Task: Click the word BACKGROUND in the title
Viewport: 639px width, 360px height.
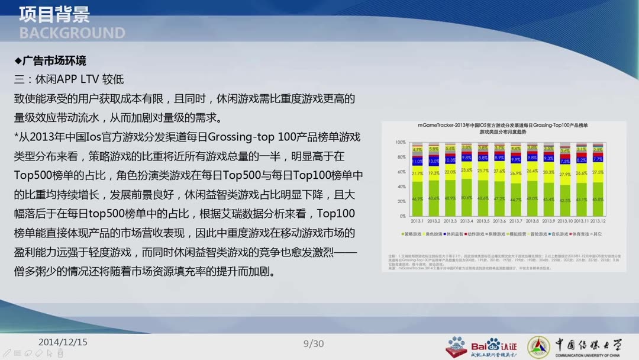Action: pos(72,33)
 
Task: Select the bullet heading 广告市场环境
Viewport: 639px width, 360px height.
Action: pos(54,61)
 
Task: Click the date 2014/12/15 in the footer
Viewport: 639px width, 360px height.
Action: pos(63,342)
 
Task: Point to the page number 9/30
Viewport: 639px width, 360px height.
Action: pos(314,343)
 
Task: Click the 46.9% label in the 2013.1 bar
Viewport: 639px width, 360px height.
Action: pos(417,199)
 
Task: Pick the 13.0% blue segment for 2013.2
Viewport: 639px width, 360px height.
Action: pos(434,160)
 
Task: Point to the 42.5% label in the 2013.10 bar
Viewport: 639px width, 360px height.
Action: pos(566,200)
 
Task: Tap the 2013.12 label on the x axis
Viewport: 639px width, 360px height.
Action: pos(598,220)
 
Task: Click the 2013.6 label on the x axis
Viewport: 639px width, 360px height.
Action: pos(499,220)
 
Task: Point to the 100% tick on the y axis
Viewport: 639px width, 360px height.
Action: pos(401,143)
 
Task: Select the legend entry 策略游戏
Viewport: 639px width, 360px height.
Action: pos(414,234)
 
